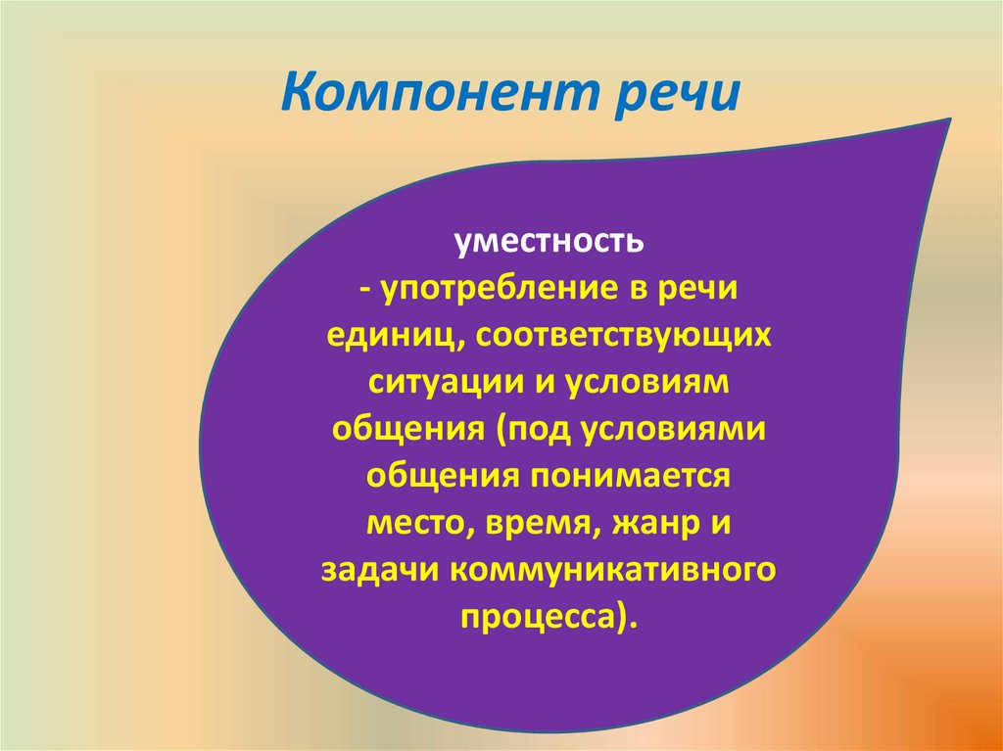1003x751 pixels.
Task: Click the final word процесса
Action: [x=538, y=616]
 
